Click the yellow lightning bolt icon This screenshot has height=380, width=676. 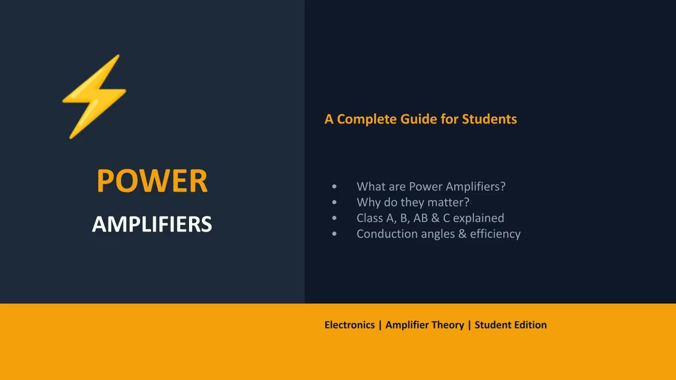95,97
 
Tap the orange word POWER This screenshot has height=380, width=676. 152,181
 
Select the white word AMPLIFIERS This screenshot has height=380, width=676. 152,224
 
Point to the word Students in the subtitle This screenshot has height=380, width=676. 489,119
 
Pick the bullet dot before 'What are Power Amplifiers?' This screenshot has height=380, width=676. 334,187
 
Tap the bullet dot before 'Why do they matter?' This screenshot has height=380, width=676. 334,203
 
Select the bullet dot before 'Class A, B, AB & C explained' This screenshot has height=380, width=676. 334,218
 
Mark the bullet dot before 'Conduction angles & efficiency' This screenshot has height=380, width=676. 334,234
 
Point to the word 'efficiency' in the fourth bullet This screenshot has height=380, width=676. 495,234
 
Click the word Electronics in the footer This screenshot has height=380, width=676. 350,325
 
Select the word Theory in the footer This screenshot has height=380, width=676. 449,325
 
